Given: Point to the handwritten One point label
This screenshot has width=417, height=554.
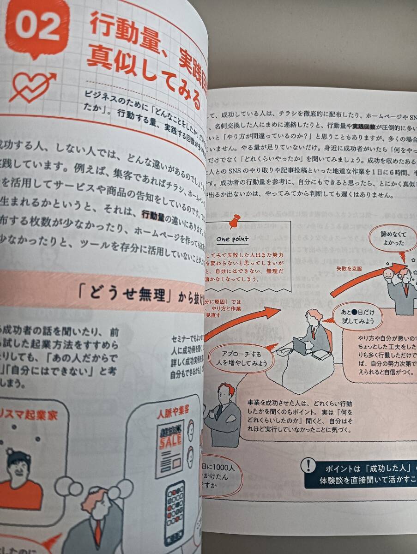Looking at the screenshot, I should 232,239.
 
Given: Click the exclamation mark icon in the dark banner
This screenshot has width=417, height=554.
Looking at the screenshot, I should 308,466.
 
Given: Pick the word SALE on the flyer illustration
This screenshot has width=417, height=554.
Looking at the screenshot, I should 170,440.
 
